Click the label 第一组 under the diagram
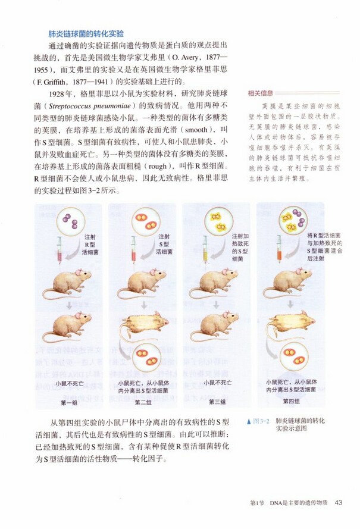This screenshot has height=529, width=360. [70, 402]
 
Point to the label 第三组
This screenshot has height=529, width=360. [217, 402]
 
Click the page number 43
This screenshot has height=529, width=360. [338, 502]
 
